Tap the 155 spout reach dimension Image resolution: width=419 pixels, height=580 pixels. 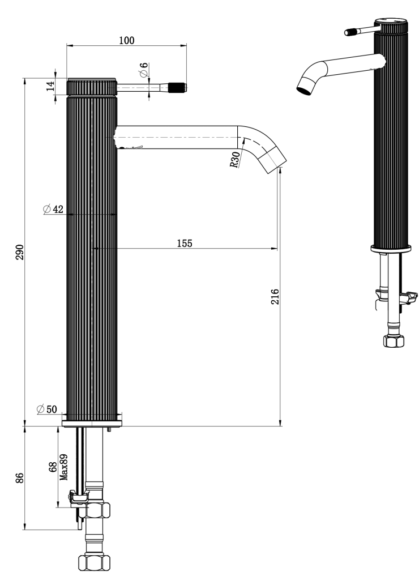click(x=184, y=243)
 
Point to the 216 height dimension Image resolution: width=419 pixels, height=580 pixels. click(x=275, y=297)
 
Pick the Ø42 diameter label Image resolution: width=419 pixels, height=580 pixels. click(x=53, y=209)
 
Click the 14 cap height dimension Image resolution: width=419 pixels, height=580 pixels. click(x=50, y=86)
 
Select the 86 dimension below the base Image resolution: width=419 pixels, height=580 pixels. click(x=19, y=477)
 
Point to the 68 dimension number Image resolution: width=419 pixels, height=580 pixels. click(x=53, y=467)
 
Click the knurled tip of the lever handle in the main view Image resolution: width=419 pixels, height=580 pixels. click(x=178, y=87)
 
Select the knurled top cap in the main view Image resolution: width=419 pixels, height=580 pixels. click(x=92, y=87)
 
